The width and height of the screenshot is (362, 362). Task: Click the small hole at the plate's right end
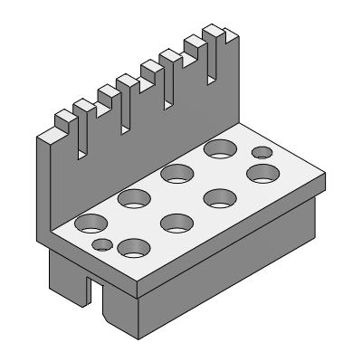tap(260, 151)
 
